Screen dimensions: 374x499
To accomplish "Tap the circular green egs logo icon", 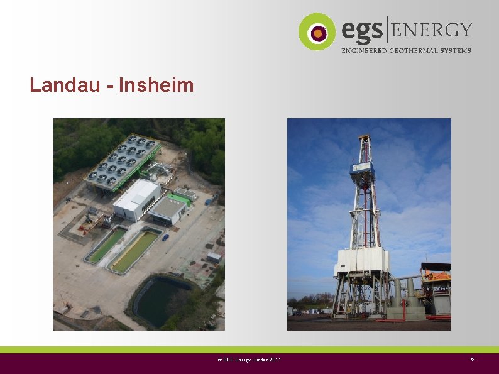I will [317, 31].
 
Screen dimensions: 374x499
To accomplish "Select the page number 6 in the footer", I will [473, 359].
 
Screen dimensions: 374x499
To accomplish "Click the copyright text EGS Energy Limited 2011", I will [249, 360].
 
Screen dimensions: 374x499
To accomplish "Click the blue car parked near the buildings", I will [165, 238].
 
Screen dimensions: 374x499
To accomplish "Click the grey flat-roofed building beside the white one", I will [167, 210].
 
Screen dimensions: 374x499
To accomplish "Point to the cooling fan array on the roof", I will [123, 161].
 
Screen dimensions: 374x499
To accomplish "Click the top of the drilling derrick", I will [365, 139].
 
